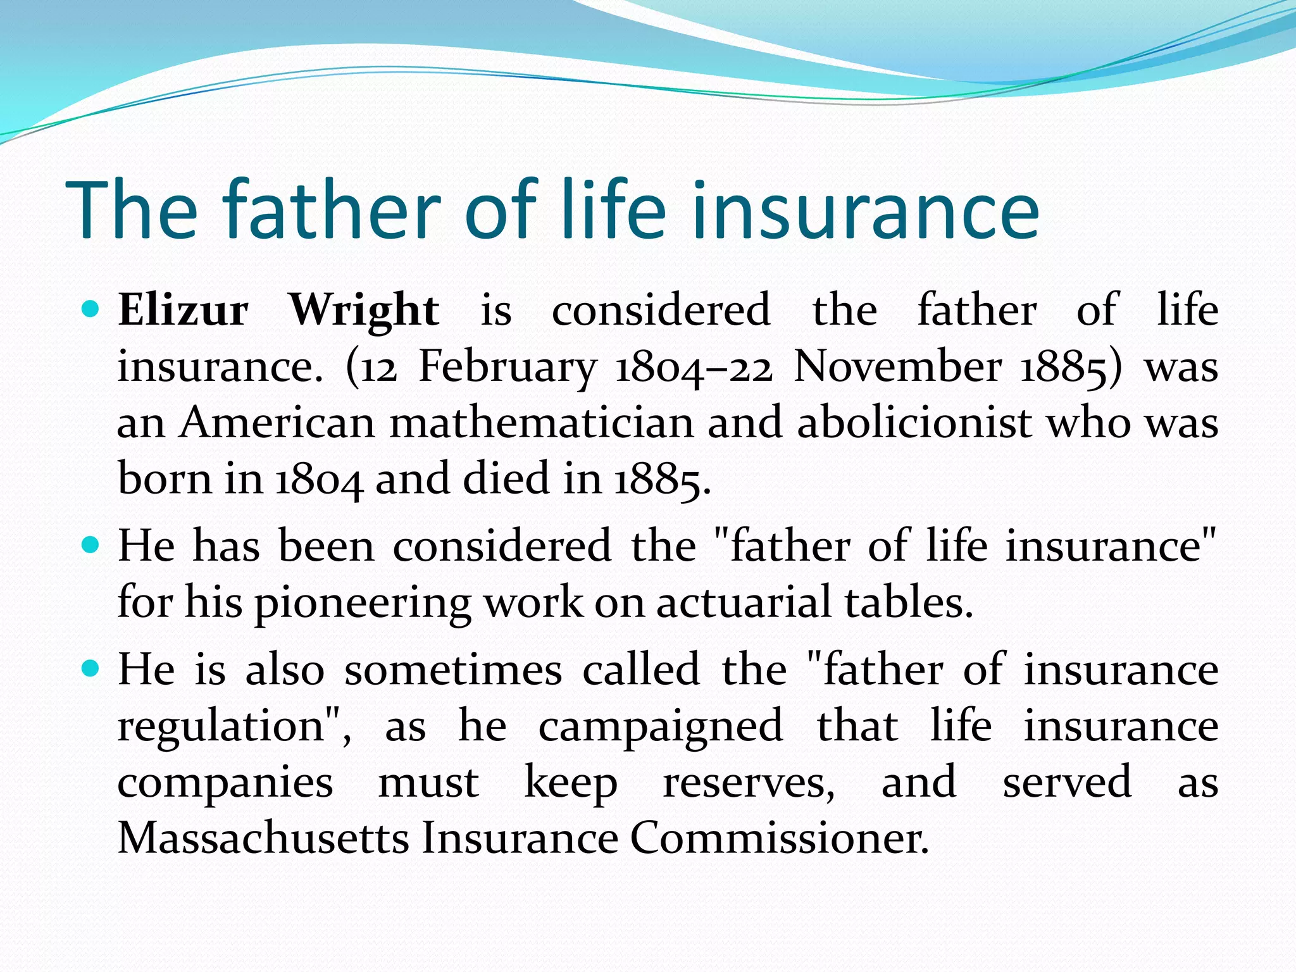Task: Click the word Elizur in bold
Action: coord(184,310)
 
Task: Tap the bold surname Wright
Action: coord(364,310)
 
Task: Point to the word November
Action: coord(897,367)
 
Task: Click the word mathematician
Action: coord(542,422)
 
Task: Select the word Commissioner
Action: coord(779,838)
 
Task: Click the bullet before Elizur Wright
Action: coord(91,309)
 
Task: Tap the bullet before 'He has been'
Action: coord(91,545)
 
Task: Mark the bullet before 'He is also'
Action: coord(91,669)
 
